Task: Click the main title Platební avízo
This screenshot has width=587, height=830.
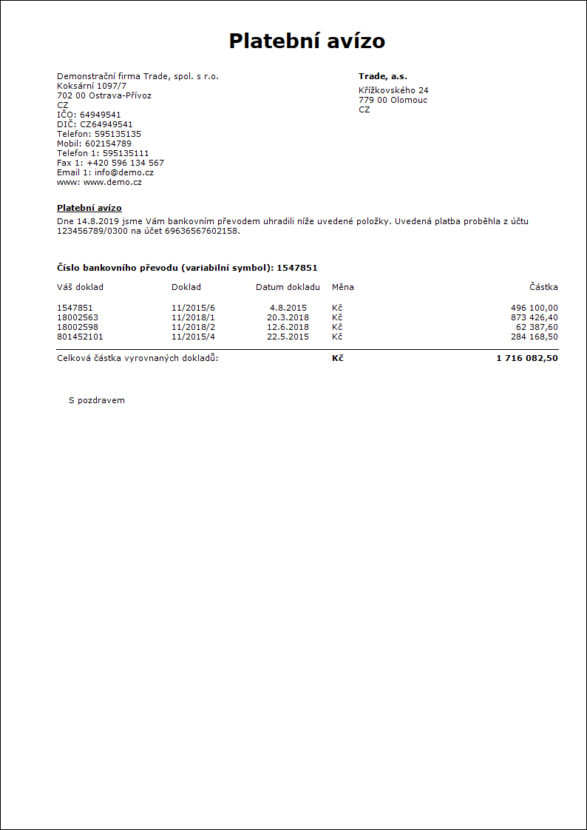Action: (307, 41)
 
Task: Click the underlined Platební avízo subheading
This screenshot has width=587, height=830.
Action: (89, 208)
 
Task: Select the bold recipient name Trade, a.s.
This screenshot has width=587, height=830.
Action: (383, 76)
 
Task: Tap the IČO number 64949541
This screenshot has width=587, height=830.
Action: (101, 115)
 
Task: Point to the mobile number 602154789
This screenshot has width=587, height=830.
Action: (108, 144)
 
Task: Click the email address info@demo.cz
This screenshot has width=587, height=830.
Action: (124, 172)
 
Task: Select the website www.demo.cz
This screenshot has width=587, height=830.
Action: (112, 182)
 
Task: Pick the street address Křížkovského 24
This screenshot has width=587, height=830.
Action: (393, 90)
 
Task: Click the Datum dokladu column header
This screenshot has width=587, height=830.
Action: (288, 287)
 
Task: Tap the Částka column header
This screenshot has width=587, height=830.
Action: (543, 287)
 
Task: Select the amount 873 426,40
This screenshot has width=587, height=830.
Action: (535, 317)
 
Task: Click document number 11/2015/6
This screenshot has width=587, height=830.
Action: (193, 308)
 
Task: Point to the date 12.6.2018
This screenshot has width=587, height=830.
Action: (288, 327)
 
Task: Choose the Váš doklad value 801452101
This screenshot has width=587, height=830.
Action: (81, 337)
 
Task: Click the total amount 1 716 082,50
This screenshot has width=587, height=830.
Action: (527, 358)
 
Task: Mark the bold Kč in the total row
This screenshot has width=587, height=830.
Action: (338, 358)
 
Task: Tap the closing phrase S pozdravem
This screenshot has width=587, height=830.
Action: (97, 400)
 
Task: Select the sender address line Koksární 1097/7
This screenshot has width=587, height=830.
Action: (92, 86)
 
